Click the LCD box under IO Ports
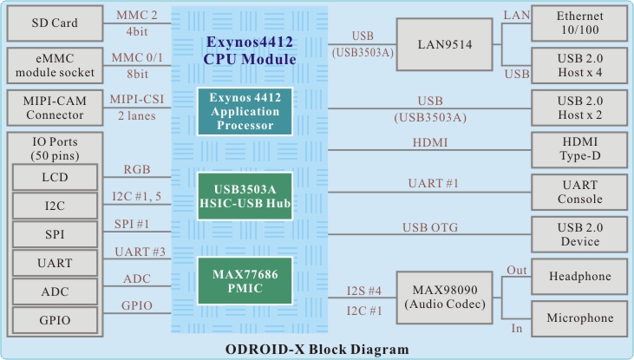point(54,178)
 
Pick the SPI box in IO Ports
point(54,235)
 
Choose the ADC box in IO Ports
point(54,292)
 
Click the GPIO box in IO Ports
point(54,321)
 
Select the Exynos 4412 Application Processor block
point(243,111)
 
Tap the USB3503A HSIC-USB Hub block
point(243,196)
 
